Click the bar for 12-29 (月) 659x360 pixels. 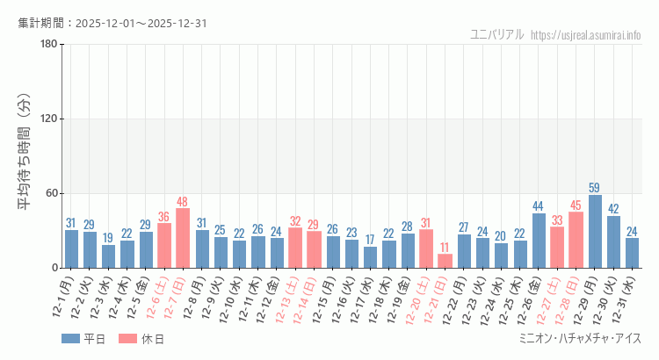coord(595,232)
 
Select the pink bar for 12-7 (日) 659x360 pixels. coord(183,238)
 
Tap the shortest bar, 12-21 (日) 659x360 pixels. coord(445,261)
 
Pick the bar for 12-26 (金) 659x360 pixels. coord(539,241)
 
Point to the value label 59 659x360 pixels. coord(595,188)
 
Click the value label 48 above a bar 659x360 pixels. coord(183,202)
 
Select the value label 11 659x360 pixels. coord(445,248)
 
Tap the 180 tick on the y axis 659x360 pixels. coord(48,45)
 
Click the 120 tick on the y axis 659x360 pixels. coord(48,119)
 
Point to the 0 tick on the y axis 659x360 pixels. coord(54,268)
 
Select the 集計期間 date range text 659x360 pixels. coord(112,23)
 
